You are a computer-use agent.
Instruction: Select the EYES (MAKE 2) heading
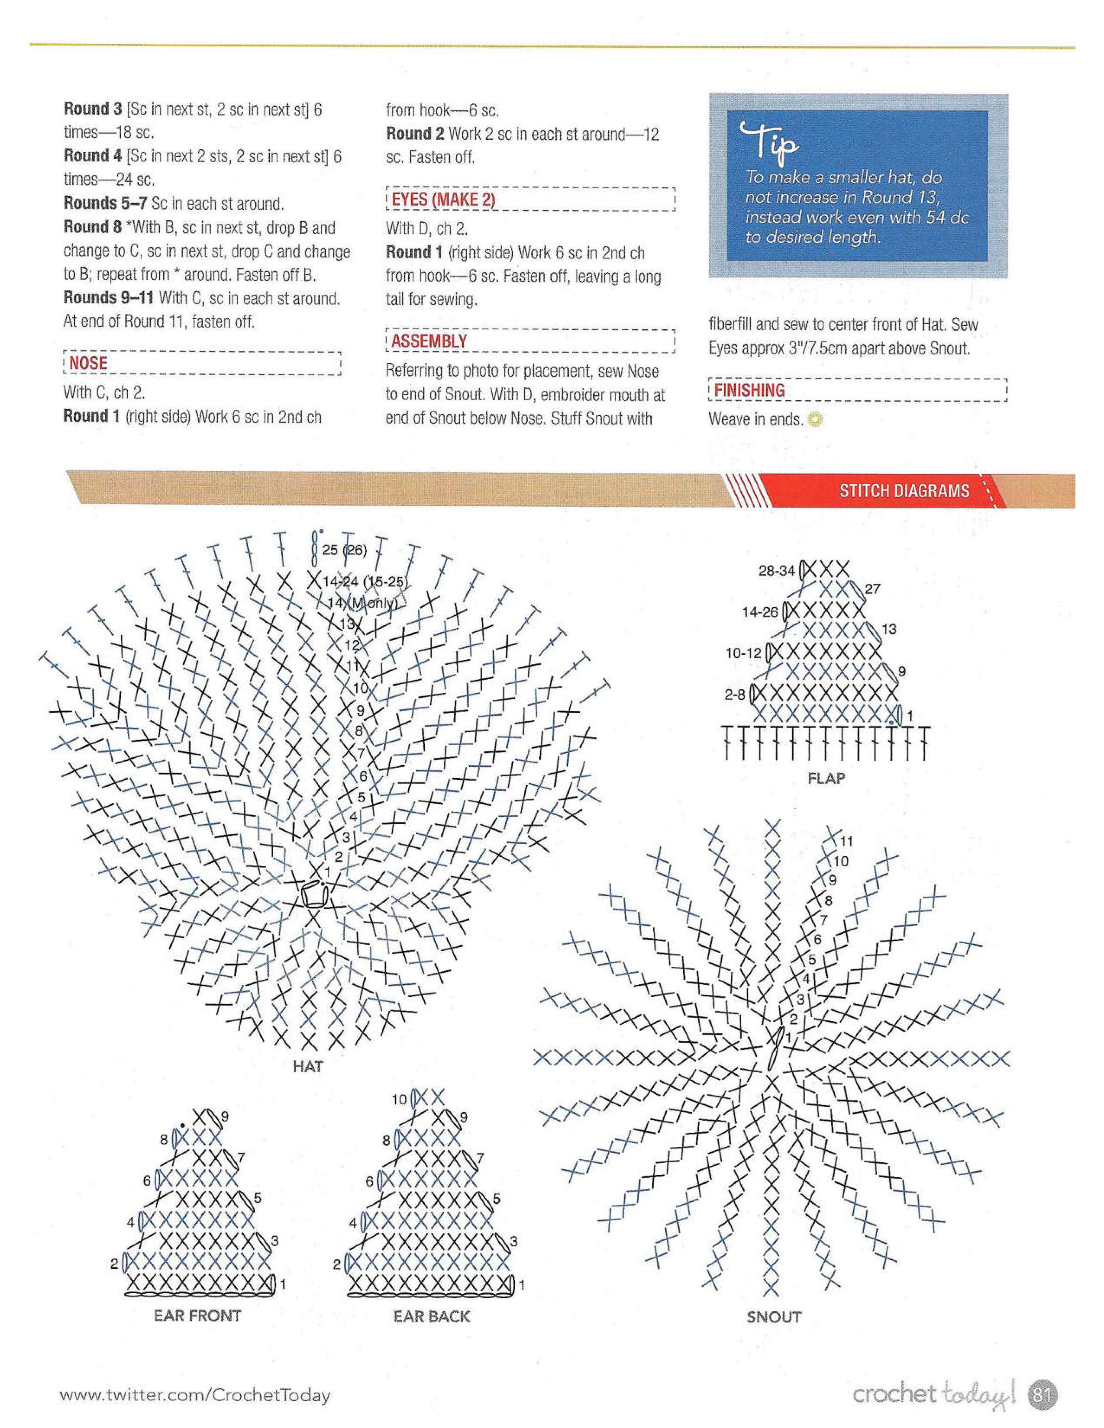coord(443,199)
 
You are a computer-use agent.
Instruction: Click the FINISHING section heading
coord(749,390)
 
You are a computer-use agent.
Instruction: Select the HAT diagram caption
coord(307,1066)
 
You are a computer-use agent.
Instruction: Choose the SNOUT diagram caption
coord(774,1317)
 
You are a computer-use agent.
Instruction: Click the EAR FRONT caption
coord(197,1315)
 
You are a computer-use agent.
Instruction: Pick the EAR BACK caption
coord(432,1316)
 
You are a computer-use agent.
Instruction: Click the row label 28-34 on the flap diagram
coord(776,571)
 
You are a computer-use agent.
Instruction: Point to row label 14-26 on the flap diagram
coord(759,612)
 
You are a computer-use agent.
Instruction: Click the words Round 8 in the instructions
coord(92,228)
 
